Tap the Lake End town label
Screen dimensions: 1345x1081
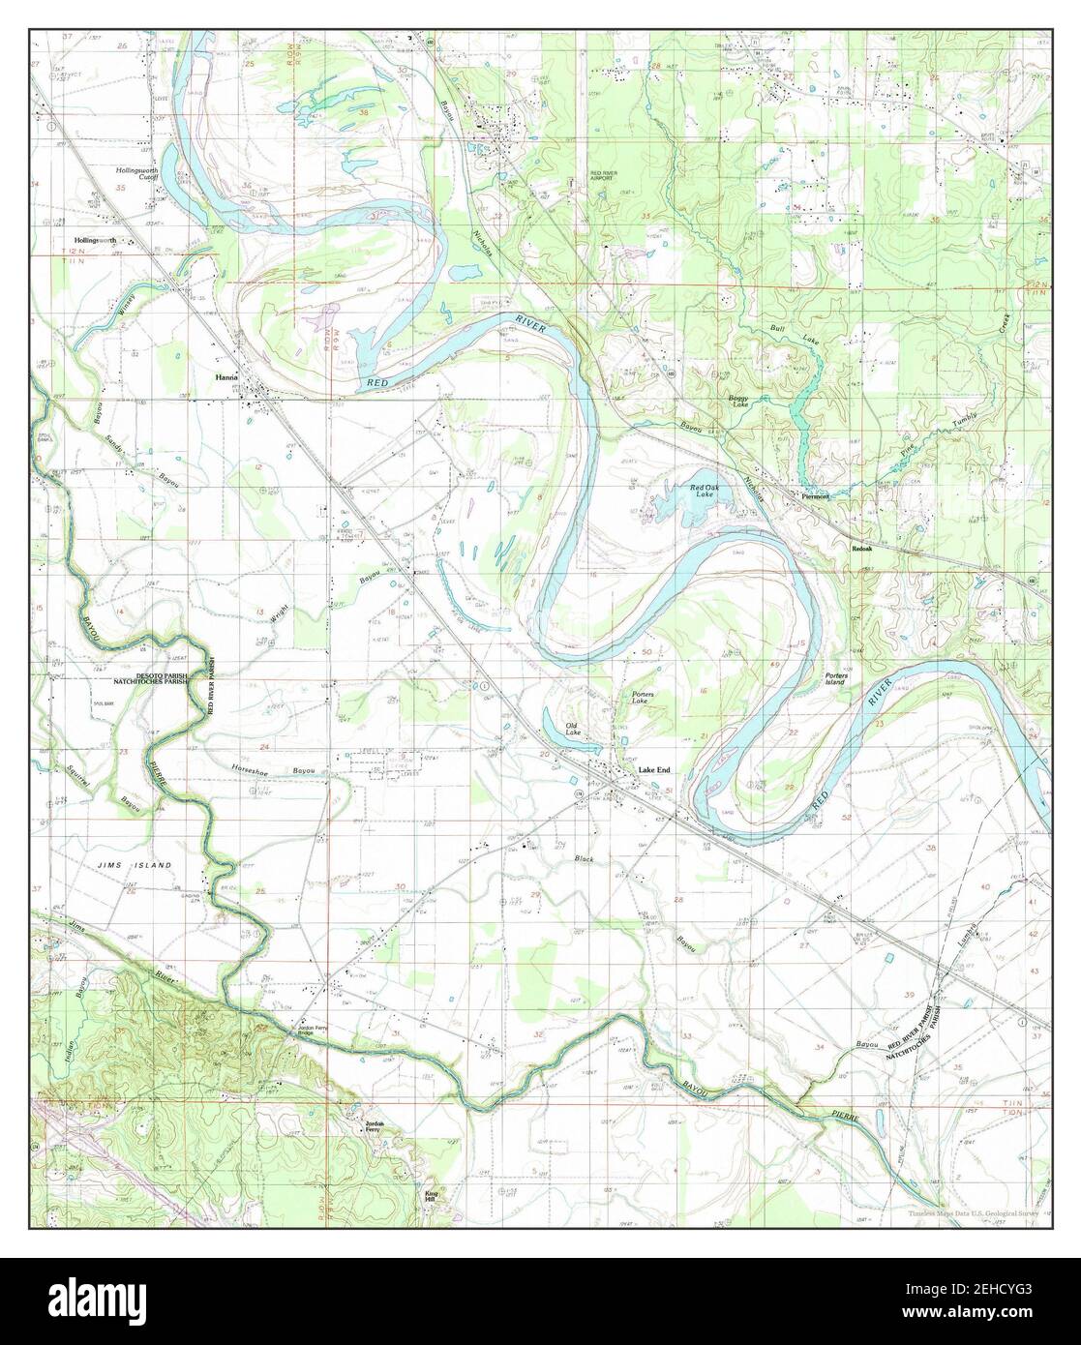click(653, 770)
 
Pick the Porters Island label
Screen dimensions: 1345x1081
click(835, 677)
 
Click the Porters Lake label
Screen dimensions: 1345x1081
click(644, 699)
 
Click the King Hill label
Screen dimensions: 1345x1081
click(432, 1197)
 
